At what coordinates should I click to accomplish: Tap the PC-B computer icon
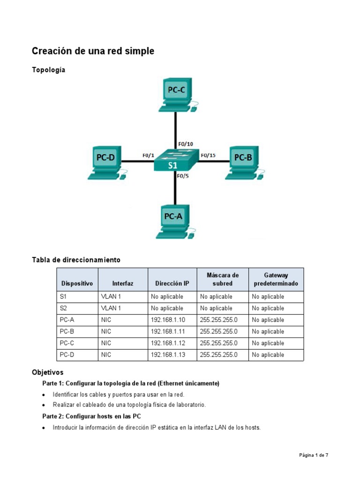(x=243, y=162)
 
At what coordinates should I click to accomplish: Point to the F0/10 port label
(x=186, y=144)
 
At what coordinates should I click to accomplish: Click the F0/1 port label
(x=149, y=156)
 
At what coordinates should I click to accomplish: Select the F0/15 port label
(x=208, y=156)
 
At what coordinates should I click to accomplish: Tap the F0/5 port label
(x=183, y=176)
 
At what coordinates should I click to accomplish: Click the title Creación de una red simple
(x=93, y=51)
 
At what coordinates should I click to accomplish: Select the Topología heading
(x=49, y=70)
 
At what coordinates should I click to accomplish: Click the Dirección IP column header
(x=172, y=284)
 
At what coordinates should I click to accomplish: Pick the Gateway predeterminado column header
(x=276, y=279)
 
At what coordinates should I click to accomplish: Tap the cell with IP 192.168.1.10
(x=168, y=320)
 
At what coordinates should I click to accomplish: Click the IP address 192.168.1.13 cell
(x=168, y=355)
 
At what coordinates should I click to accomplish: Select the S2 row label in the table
(x=64, y=308)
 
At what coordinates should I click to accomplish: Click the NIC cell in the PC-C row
(x=106, y=343)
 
